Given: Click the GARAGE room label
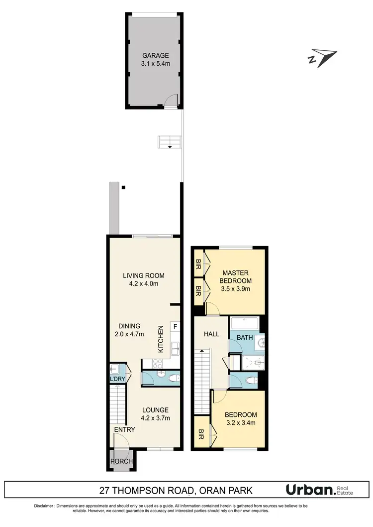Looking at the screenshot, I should click(x=156, y=56).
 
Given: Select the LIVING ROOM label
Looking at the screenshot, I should click(x=144, y=275).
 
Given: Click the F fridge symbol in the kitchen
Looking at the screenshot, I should click(x=175, y=327).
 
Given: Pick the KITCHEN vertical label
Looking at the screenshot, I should click(x=161, y=339).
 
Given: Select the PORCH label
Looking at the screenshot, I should click(x=122, y=461).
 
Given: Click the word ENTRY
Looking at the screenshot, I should click(x=124, y=429).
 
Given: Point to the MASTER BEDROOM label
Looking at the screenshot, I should click(x=236, y=276).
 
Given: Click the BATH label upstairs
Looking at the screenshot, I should click(x=244, y=337).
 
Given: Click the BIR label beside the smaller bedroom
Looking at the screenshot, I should click(x=201, y=433).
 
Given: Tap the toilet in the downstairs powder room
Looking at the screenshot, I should click(x=172, y=379).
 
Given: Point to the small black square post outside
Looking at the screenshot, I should click(x=123, y=187).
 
